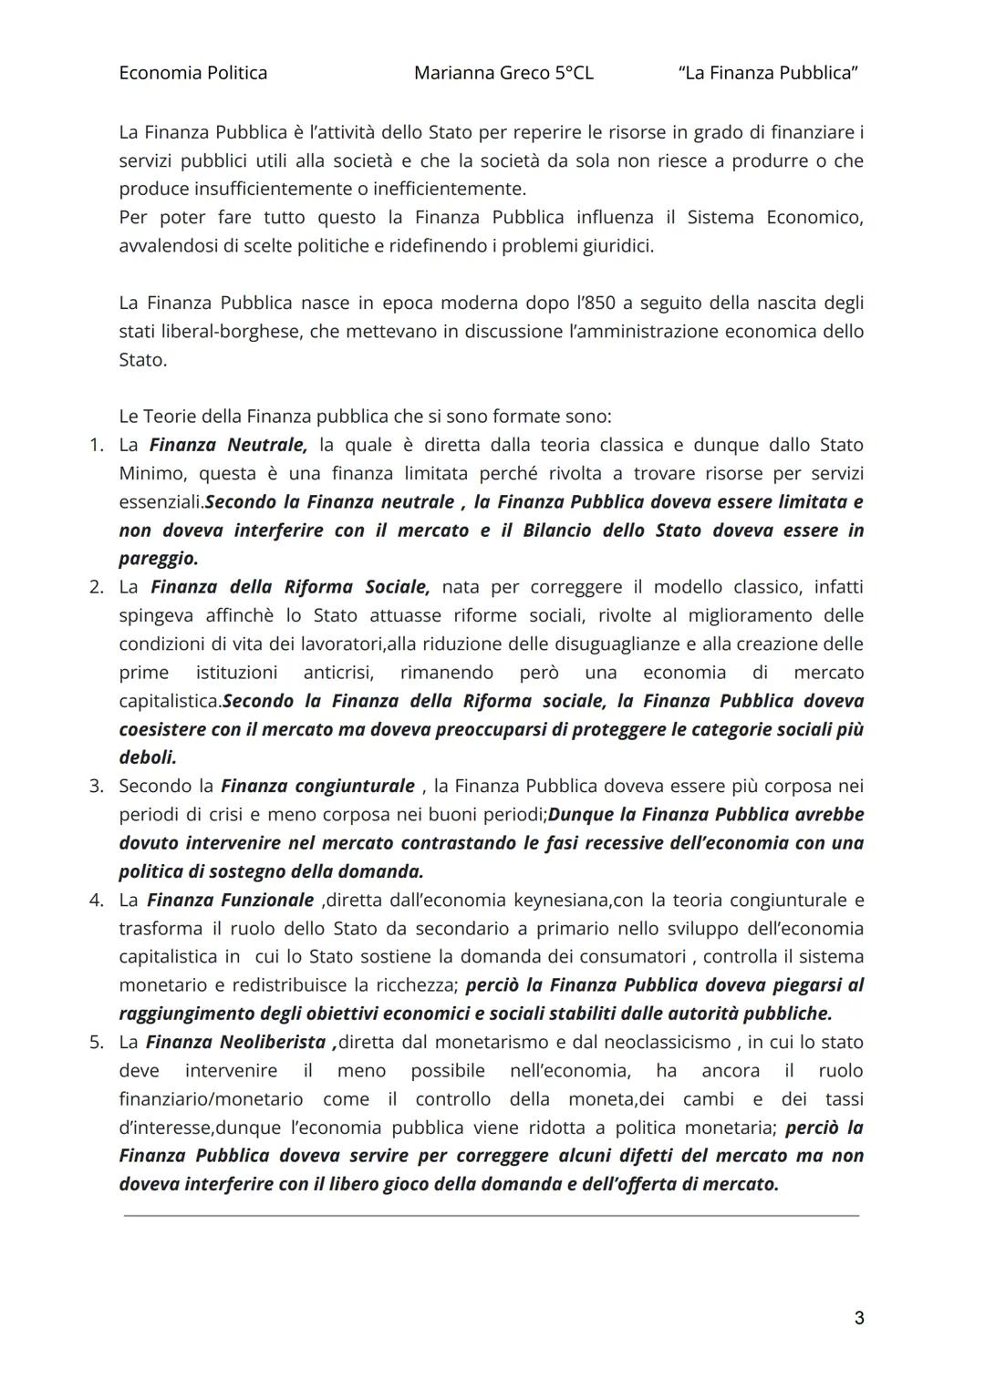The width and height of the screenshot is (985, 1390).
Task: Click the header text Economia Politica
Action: tap(192, 73)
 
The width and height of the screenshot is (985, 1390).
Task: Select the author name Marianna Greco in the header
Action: tap(481, 73)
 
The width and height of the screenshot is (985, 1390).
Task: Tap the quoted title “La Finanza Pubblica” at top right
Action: tap(768, 73)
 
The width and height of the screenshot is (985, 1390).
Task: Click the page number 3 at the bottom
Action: tap(858, 1318)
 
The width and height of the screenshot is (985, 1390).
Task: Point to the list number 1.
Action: tap(96, 445)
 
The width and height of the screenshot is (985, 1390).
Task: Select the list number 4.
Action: tap(96, 900)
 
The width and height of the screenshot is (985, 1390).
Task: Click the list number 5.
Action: tap(96, 1042)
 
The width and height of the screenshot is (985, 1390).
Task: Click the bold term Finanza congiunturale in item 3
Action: tap(317, 786)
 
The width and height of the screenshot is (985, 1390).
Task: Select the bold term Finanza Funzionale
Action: tap(230, 900)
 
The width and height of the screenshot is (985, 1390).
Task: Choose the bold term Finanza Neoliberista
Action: tap(235, 1042)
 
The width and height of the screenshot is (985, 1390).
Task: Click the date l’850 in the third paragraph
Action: tap(595, 303)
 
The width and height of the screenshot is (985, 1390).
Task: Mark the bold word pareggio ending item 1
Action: tap(157, 559)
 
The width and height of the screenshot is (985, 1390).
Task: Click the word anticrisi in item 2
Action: tap(339, 673)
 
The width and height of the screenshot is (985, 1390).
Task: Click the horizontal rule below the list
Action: tap(491, 1215)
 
